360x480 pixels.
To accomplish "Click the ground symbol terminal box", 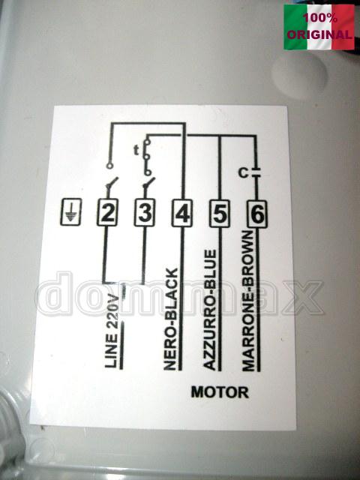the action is pos(70,211).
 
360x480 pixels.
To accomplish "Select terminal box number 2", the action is pos(107,213).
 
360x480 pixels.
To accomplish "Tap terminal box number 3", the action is pos(145,213).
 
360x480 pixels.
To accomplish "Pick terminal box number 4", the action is pos(182,213).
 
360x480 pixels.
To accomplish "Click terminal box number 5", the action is pos(220,214).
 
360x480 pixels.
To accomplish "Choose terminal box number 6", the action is pos(257,214).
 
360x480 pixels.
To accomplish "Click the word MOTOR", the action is pos(220,392).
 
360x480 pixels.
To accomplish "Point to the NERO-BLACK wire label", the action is pos(170,319).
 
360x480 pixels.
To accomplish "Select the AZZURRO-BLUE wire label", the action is pos(210,310).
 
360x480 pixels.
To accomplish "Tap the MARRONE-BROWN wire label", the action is pos(248,301).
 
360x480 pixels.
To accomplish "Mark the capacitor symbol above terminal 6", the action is pos(256,172).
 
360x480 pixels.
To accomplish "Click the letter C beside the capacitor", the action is pos(244,173).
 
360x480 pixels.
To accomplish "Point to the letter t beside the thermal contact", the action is pos(136,150).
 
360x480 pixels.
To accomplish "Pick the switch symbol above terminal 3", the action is pos(148,184).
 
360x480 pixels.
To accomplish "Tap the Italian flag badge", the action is pos(319,27).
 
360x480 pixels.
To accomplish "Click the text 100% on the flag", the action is pos(320,18).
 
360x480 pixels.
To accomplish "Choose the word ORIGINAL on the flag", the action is pos(319,34).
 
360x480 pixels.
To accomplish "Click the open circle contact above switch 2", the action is pos(109,166).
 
